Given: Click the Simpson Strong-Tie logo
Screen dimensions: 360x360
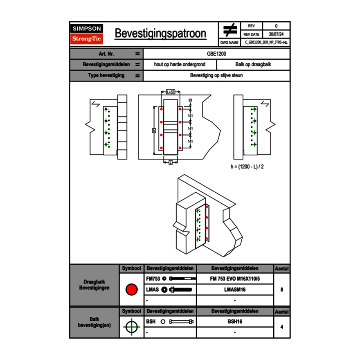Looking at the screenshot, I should (87, 34).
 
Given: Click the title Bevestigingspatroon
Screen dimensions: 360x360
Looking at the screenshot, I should (160, 34).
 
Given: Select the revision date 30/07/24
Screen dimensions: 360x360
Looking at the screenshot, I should (276, 34).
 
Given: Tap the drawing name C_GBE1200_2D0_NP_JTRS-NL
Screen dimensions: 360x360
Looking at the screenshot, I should (266, 42).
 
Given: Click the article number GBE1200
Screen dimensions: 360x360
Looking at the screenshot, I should (216, 54).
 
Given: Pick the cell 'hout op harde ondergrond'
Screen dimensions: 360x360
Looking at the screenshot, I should (180, 65).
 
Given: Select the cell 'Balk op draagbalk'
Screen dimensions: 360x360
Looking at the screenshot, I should (253, 65).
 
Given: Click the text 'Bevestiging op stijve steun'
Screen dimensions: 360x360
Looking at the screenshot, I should (216, 76).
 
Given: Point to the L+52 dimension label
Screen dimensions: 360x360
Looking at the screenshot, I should (171, 92).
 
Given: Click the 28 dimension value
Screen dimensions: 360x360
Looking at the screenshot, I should (190, 100).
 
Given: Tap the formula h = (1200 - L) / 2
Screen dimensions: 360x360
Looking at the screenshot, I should (248, 167).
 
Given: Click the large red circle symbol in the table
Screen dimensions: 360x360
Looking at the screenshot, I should (131, 290).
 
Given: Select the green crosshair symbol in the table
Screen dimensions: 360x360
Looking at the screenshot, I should (131, 327).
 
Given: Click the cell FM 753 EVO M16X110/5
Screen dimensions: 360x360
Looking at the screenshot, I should (235, 279).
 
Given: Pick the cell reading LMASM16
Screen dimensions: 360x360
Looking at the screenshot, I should (235, 290).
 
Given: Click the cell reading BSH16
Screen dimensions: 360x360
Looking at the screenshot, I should (235, 322).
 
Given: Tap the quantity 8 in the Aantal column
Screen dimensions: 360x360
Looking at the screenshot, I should (281, 290).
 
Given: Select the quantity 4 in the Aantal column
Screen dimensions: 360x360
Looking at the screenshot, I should (281, 327).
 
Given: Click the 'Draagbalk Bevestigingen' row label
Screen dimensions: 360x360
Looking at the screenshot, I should (94, 285).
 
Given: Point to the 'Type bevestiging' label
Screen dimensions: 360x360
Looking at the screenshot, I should (106, 76).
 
